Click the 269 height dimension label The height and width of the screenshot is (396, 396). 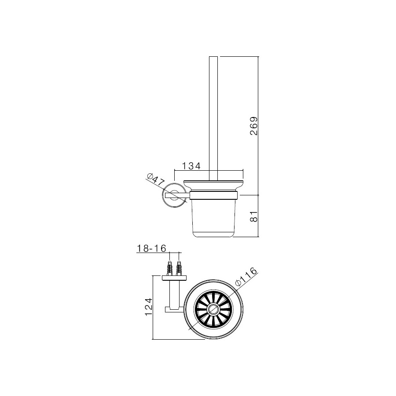point(253,126)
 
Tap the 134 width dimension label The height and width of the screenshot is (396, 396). point(191,166)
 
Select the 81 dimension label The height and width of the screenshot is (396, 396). point(253,216)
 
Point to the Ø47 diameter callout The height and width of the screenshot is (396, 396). point(156,180)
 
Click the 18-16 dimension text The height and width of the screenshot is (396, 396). point(151,249)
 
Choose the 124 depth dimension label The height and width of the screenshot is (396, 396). point(149,307)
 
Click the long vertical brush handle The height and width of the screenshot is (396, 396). point(213,118)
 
